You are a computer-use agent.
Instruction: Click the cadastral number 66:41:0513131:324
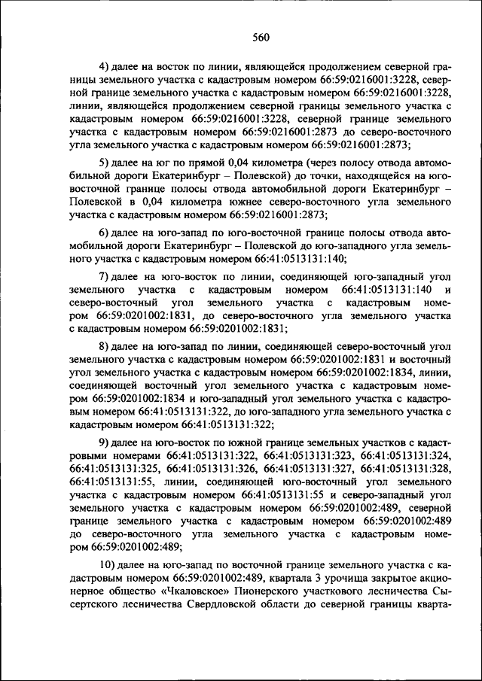(x=406, y=456)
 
